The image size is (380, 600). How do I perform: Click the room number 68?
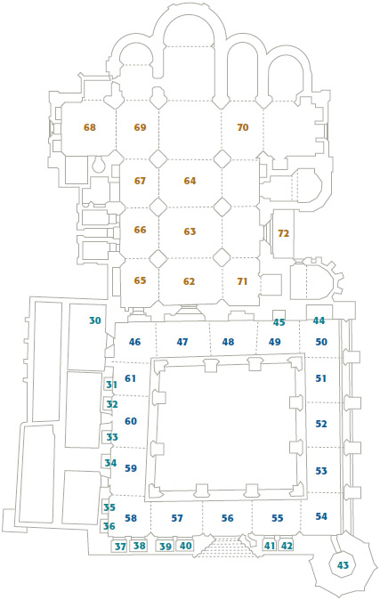(x=90, y=127)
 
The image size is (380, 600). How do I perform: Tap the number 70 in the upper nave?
(x=243, y=127)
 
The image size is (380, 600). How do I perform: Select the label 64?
(x=190, y=181)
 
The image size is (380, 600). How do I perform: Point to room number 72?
(x=283, y=233)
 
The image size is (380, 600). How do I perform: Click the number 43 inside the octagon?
(x=343, y=565)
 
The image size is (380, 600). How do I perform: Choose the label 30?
(x=95, y=320)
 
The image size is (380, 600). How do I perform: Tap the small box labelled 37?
(x=120, y=547)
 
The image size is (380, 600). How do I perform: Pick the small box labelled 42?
(x=286, y=546)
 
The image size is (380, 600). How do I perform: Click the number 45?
(x=279, y=322)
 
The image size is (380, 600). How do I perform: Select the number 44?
(x=319, y=320)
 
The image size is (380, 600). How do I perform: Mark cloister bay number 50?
(x=321, y=342)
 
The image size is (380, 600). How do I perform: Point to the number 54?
(x=321, y=516)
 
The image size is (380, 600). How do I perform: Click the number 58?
(x=131, y=518)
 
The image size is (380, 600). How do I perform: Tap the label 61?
(x=131, y=378)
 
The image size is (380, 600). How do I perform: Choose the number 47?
(x=182, y=342)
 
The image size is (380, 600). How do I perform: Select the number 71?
(x=242, y=281)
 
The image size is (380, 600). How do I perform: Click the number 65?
(x=140, y=280)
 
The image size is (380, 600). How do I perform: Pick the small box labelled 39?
(x=166, y=546)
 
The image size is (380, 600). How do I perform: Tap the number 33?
(x=112, y=437)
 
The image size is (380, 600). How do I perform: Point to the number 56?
(x=227, y=518)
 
